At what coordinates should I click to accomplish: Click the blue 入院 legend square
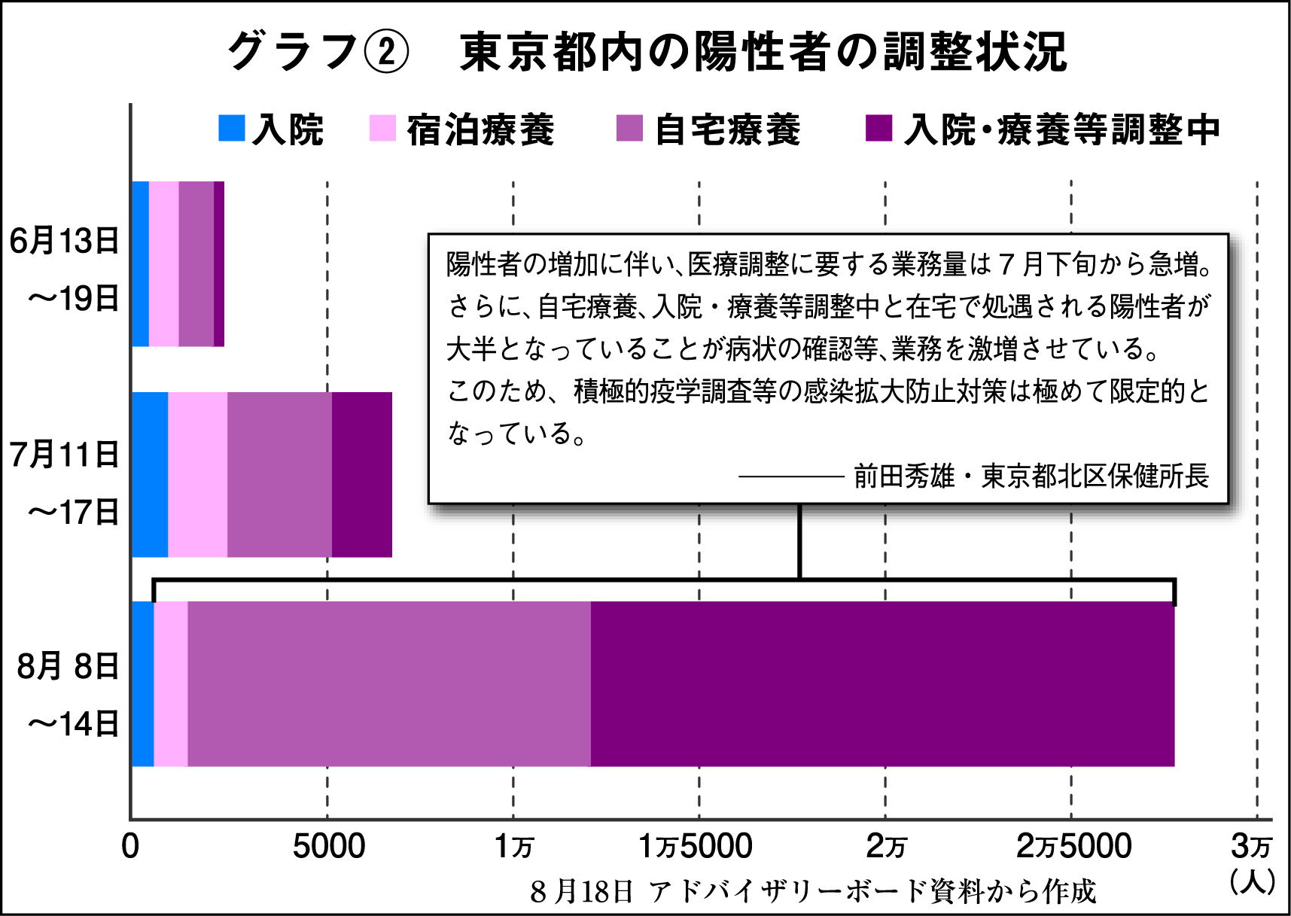(x=232, y=128)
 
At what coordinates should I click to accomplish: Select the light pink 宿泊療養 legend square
(x=382, y=128)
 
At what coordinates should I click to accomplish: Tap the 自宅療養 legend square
(x=629, y=128)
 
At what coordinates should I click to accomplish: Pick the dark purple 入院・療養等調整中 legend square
(x=878, y=128)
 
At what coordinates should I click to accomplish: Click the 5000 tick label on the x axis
(x=329, y=847)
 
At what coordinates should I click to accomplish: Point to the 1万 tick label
(x=514, y=847)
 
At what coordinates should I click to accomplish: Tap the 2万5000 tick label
(x=1073, y=847)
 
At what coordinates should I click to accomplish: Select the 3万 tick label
(x=1251, y=847)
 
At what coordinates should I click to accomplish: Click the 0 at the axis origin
(x=130, y=847)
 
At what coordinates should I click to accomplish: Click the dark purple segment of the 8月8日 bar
(x=882, y=684)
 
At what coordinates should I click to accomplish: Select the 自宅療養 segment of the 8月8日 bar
(x=389, y=684)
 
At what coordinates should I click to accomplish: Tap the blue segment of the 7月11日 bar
(x=150, y=475)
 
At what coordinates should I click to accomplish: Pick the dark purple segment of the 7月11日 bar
(x=362, y=475)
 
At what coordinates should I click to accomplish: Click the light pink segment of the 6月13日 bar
(x=163, y=264)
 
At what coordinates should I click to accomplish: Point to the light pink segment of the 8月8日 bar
(x=171, y=684)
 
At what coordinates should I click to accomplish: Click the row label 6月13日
(x=65, y=241)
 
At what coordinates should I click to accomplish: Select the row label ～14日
(x=73, y=724)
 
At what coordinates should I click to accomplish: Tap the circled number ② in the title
(x=386, y=52)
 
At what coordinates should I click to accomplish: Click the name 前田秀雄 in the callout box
(x=904, y=476)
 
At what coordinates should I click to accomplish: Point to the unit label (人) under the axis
(x=1252, y=881)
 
